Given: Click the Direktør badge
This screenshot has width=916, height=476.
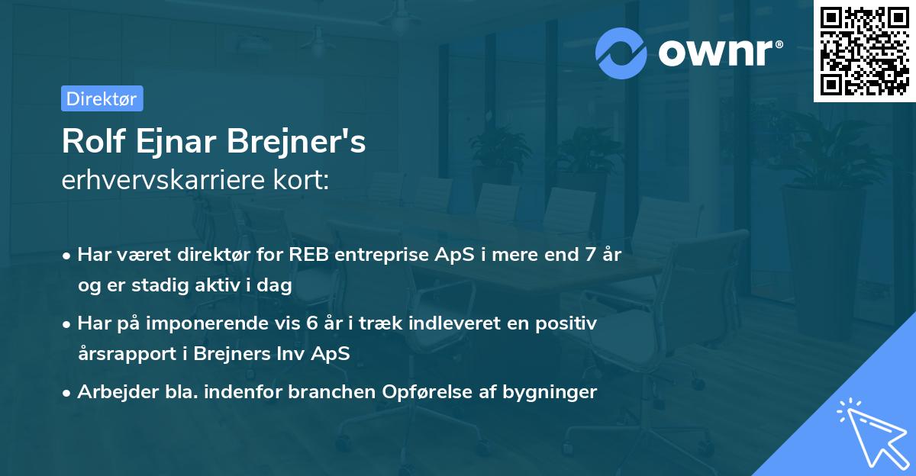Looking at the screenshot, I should (102, 98).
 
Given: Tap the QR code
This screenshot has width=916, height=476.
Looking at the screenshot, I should (864, 50).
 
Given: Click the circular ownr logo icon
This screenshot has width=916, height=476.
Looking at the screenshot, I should (621, 53).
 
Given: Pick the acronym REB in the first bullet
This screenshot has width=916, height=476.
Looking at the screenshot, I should (305, 255).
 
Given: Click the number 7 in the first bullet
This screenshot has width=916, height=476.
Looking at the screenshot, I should (589, 255).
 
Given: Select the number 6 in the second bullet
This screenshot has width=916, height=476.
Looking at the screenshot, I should (311, 323).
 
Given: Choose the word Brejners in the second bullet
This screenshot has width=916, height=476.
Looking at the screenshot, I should (226, 353).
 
